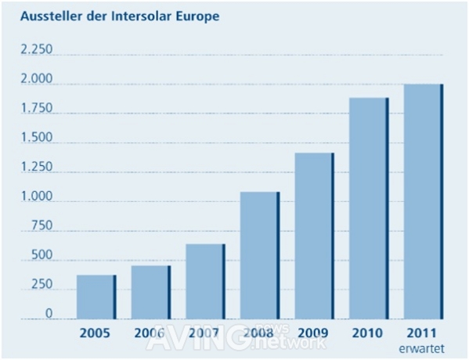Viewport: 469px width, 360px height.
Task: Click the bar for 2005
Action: pos(96,297)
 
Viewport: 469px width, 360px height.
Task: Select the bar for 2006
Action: pos(150,293)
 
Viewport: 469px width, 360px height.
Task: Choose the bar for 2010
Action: pos(369,209)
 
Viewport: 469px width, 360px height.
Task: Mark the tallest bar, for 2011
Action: pos(424,202)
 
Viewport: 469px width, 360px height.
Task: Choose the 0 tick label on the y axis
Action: pos(49,314)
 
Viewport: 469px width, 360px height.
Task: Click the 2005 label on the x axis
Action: pos(96,332)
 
